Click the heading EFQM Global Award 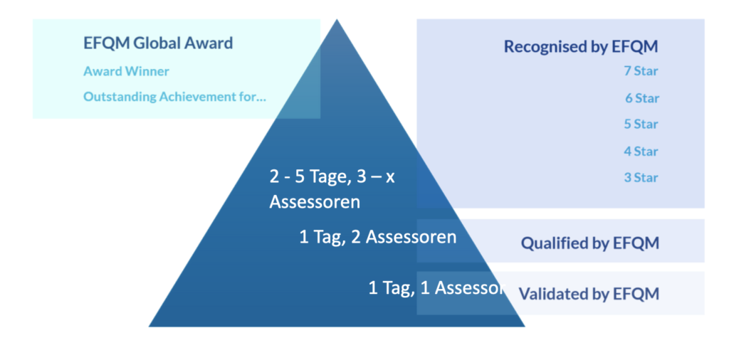158,43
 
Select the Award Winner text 127,72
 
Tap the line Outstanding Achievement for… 175,97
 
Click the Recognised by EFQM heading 581,47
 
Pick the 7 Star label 641,72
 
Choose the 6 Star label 642,98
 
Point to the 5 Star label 641,125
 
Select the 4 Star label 641,152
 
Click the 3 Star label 641,178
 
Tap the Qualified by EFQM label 590,243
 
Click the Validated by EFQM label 589,294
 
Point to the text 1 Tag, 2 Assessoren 378,238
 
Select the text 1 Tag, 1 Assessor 436,288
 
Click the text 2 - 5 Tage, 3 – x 332,177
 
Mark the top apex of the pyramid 337,19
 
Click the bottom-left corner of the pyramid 149,327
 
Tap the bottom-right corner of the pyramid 525,327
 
